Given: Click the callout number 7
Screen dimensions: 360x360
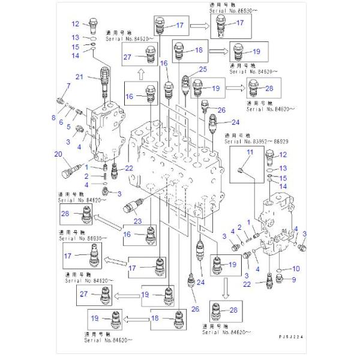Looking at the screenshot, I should [68, 86].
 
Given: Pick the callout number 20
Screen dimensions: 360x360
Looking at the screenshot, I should [59, 154].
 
